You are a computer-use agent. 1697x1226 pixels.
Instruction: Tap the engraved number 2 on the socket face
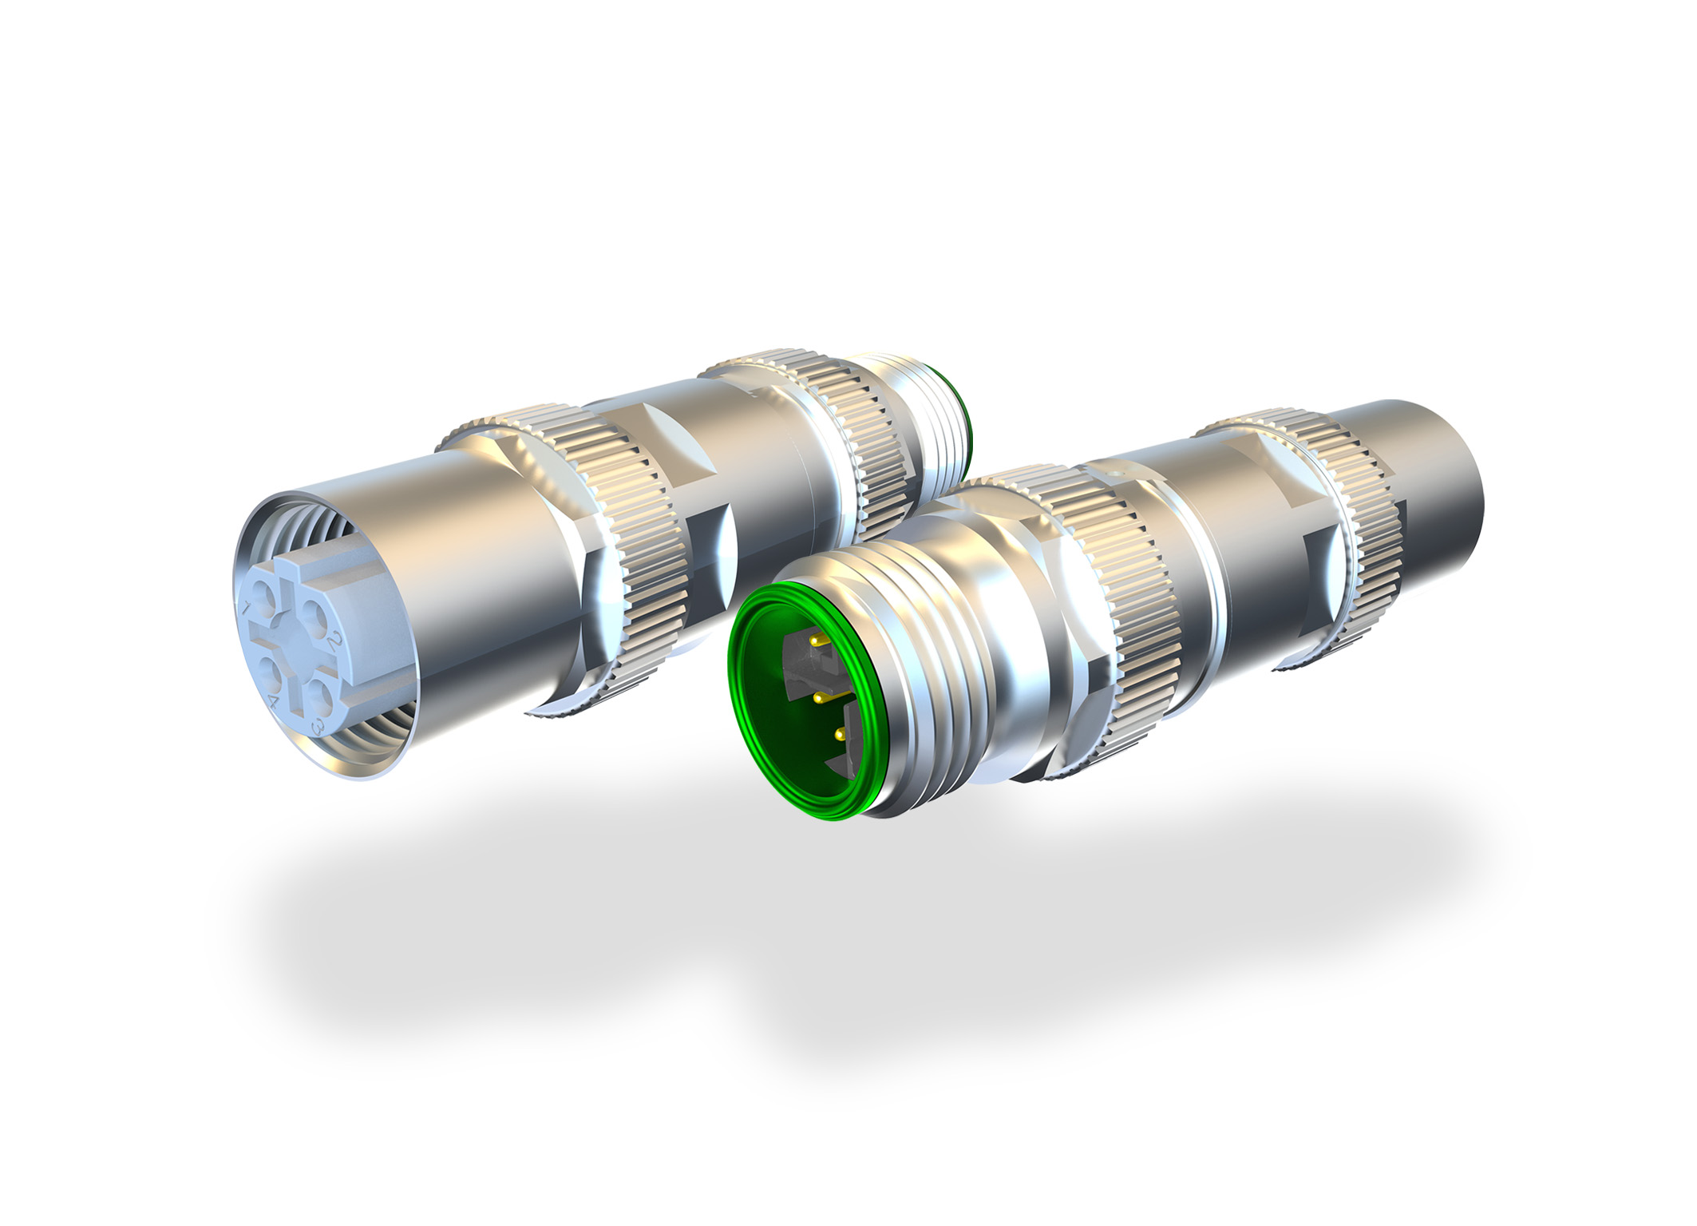coord(335,642)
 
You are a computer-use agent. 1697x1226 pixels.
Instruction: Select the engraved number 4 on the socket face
coord(274,702)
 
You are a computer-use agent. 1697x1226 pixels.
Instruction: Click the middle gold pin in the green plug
coord(819,698)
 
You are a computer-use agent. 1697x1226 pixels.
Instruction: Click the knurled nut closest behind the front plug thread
coord(1133,607)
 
